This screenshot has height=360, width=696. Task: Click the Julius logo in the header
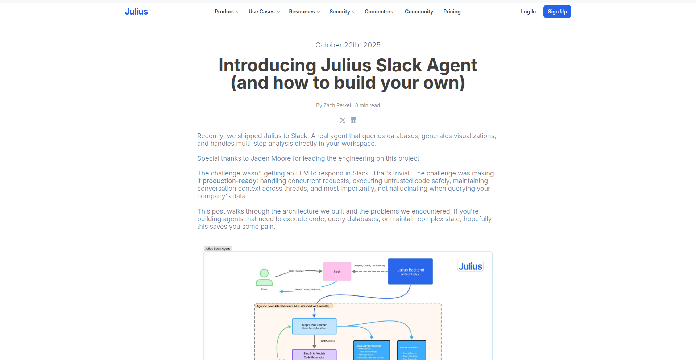[136, 12]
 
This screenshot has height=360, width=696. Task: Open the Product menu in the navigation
[227, 12]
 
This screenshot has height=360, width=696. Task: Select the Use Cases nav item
[264, 12]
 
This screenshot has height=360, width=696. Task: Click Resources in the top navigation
[304, 12]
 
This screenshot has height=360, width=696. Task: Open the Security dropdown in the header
[342, 12]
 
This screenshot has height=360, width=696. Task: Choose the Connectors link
[379, 12]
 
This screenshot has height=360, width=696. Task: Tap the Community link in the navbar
[419, 12]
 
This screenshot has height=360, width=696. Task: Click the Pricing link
[452, 12]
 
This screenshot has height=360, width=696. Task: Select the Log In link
[528, 12]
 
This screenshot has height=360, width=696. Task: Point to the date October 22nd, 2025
[348, 45]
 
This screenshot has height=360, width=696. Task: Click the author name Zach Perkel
[337, 105]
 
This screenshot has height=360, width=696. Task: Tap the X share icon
[343, 120]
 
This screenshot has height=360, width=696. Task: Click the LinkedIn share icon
[353, 120]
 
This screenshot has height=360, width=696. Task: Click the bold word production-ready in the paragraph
[229, 181]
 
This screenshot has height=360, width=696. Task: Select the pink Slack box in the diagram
[337, 272]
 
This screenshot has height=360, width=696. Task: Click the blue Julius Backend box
[410, 272]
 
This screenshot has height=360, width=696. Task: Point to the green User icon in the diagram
[264, 278]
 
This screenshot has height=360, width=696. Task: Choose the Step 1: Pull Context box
[314, 326]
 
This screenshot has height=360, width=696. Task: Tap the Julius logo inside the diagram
[470, 266]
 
